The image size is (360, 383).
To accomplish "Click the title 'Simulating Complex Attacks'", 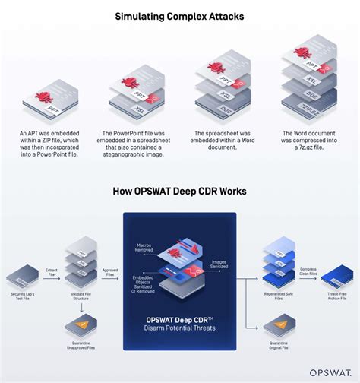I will pos(179,15).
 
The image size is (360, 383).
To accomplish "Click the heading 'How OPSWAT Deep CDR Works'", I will pos(179,192).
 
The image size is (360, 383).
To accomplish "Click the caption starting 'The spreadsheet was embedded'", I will pos(219,141).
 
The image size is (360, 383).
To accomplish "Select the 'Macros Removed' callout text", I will pos(144,246).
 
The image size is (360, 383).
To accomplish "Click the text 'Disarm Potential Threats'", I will pos(180,328).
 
